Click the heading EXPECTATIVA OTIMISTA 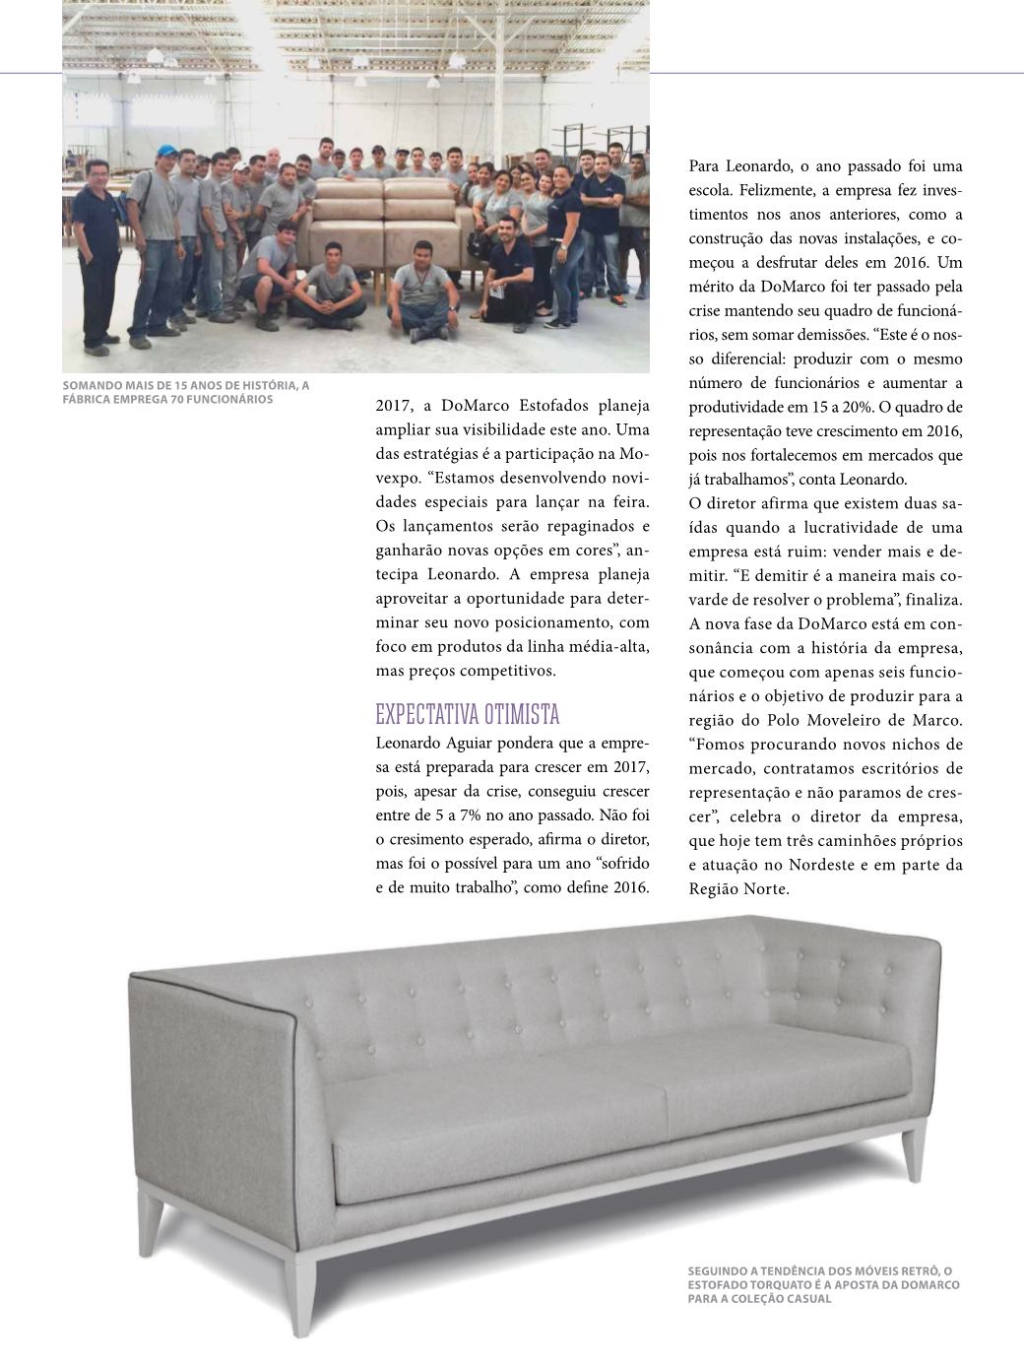coord(468,713)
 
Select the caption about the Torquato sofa coord(823,1284)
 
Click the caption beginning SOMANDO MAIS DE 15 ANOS coord(186,392)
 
